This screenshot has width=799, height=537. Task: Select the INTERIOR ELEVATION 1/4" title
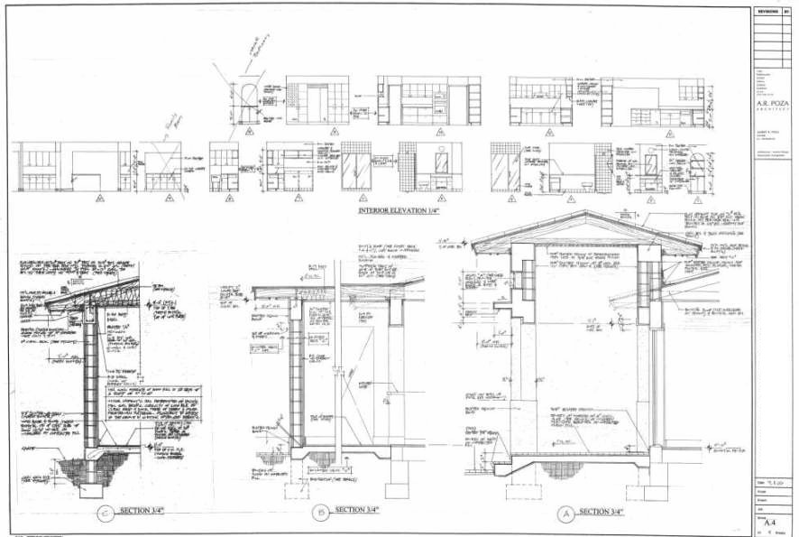tap(399, 211)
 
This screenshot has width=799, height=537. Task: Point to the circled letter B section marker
tap(321, 514)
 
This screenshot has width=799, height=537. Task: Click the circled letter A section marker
tap(565, 515)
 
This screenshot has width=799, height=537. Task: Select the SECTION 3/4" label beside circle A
tap(606, 512)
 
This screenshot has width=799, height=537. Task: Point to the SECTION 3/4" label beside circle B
tap(361, 511)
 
